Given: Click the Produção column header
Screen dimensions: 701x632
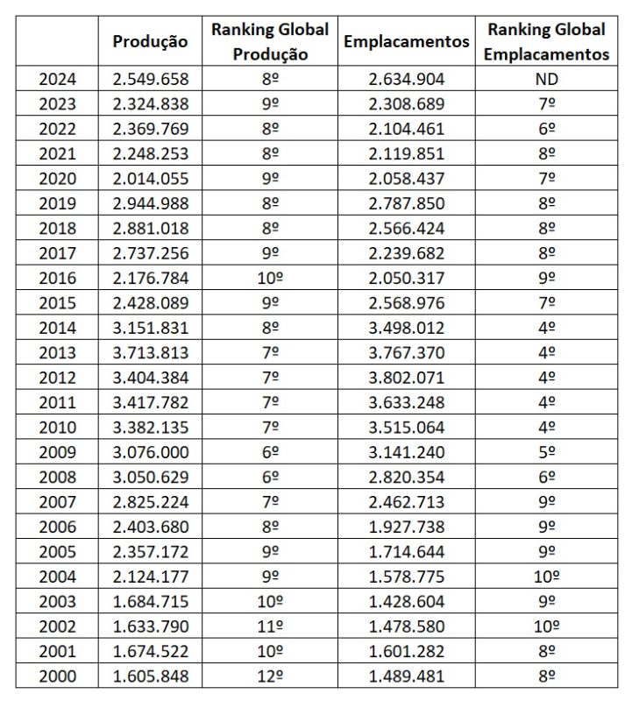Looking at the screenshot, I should point(151,41).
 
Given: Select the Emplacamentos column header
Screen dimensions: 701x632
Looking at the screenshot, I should point(407,41).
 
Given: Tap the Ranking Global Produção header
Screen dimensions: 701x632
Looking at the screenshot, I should point(270,41).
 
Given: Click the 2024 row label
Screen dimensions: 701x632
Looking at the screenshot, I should point(58,79).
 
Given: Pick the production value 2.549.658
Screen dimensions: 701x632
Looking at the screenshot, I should point(151,79).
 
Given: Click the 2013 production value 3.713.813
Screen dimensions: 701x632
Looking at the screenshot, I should point(151,352).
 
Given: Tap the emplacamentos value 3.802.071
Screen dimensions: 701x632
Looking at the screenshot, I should point(407,378).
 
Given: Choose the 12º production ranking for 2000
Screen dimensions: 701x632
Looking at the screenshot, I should point(270,676).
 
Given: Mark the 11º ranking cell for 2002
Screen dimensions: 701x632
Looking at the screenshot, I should point(270,627).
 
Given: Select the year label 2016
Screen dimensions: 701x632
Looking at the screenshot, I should point(58,278).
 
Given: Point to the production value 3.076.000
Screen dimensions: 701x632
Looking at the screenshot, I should point(151,452).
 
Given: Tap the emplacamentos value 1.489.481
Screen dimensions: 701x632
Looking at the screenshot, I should point(407,676).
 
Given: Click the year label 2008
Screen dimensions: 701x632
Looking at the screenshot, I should point(58,477).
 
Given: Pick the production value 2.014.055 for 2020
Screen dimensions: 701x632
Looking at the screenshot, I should point(151,179).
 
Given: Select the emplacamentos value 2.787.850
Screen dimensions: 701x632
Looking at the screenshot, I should point(407,203).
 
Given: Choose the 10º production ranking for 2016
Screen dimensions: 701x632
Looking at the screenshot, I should point(270,278).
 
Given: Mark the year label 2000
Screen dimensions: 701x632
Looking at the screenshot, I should point(58,676).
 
